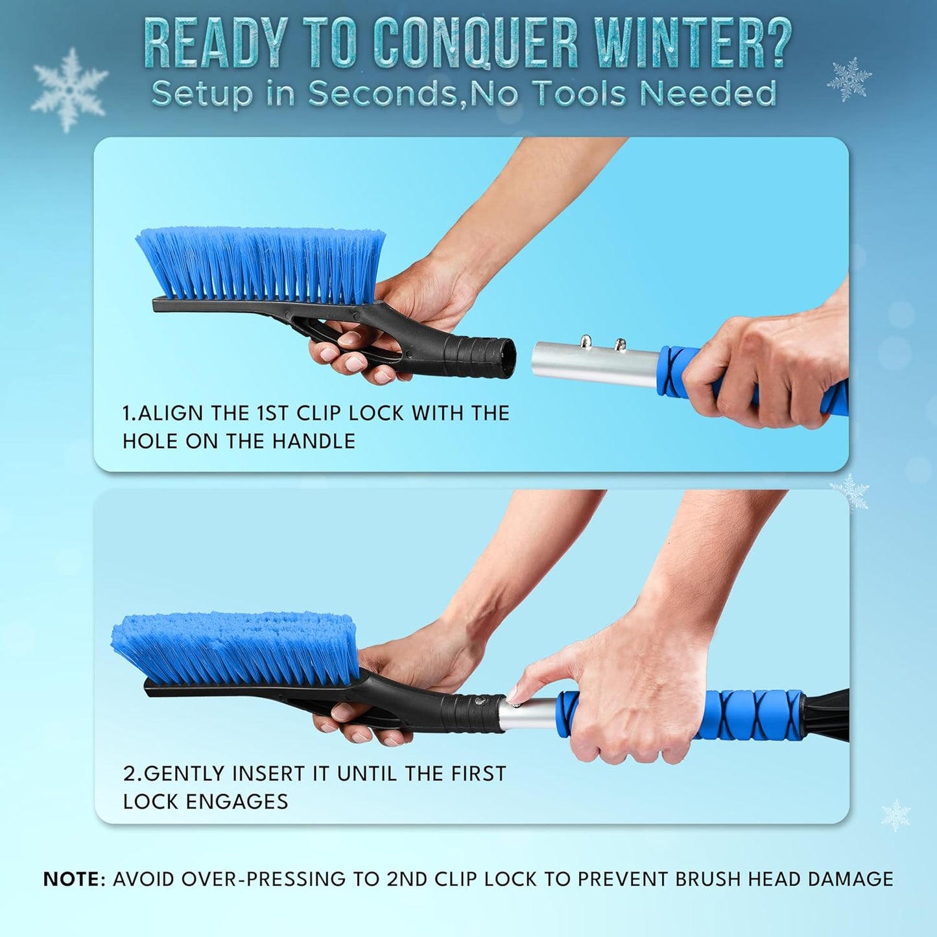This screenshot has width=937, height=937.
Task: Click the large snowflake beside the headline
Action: [69, 89]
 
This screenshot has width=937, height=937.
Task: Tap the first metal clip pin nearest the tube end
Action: [586, 342]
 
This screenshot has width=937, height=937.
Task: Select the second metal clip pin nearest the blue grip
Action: [620, 344]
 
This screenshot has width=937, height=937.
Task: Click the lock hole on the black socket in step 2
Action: [478, 700]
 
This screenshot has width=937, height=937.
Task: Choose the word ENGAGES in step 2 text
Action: [237, 801]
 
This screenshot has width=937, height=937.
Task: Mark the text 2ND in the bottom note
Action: [407, 879]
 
